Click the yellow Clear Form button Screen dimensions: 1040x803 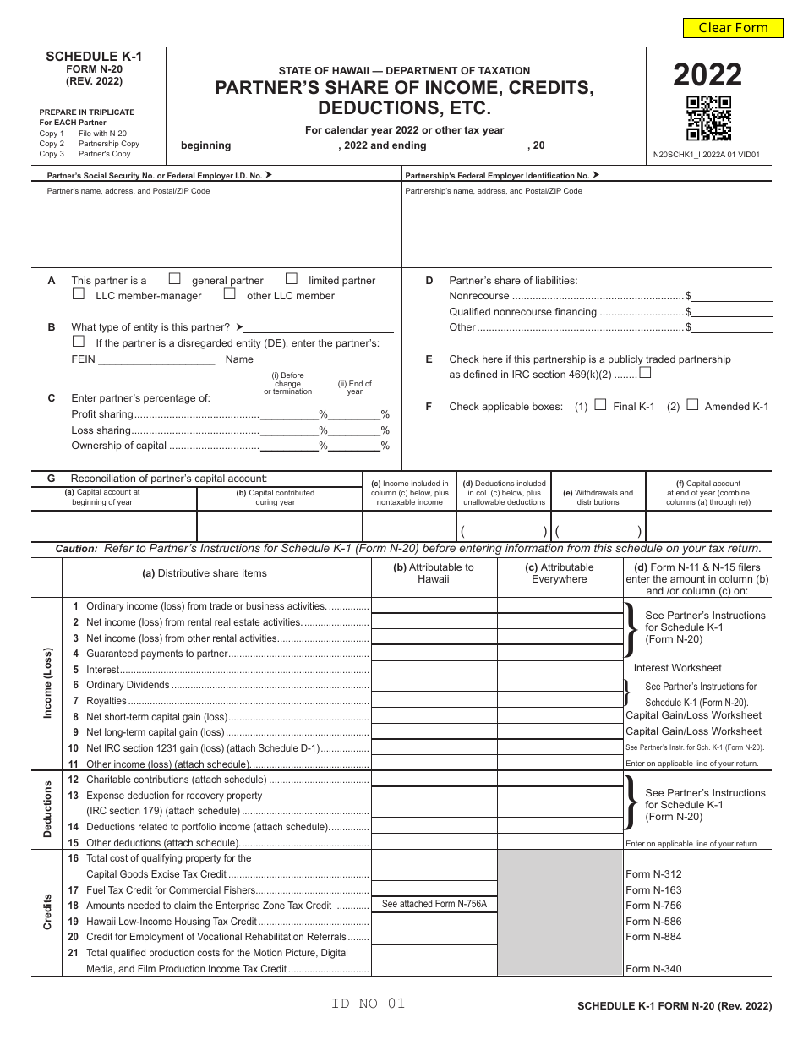tap(733, 28)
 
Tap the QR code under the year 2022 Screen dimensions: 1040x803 tap(708, 118)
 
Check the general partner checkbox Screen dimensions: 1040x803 tap(175, 278)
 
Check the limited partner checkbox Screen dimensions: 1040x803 tap(292, 278)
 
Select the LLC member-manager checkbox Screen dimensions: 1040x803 tap(79, 294)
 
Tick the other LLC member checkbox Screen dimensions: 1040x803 tap(229, 294)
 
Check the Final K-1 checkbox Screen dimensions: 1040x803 tap(601, 405)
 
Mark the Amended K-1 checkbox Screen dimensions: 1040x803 tap(692, 405)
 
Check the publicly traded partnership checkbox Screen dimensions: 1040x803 tap(646, 372)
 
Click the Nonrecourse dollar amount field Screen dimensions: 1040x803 tap(732, 296)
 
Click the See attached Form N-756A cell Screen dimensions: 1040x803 tap(434, 905)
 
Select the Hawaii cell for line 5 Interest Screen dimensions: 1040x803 tap(434, 669)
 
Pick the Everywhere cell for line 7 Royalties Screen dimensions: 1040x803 tap(560, 701)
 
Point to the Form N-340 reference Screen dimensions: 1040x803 tap(653, 969)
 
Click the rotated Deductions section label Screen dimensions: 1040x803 tap(47, 809)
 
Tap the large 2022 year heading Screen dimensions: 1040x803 tap(707, 75)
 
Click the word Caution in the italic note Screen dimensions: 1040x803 tap(77, 549)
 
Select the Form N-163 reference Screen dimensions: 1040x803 tap(653, 889)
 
